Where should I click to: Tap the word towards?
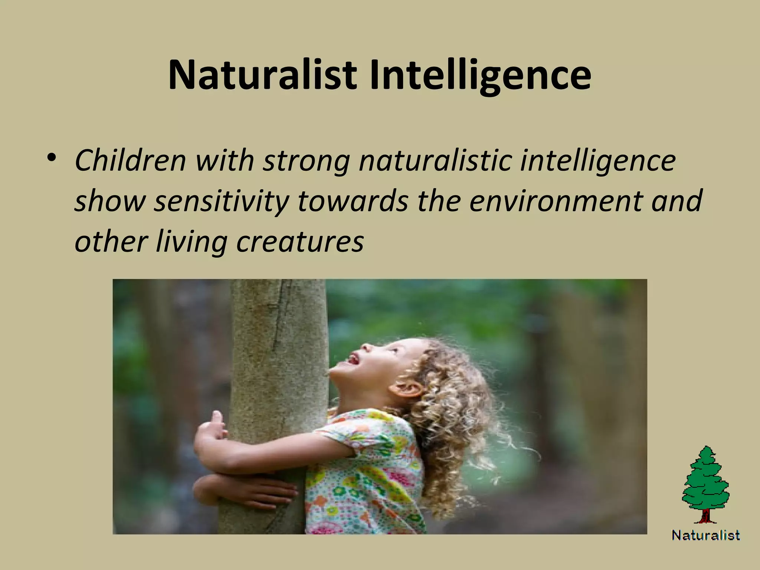pos(353,201)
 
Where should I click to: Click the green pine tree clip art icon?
pos(705,479)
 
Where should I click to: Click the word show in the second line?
pos(110,202)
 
